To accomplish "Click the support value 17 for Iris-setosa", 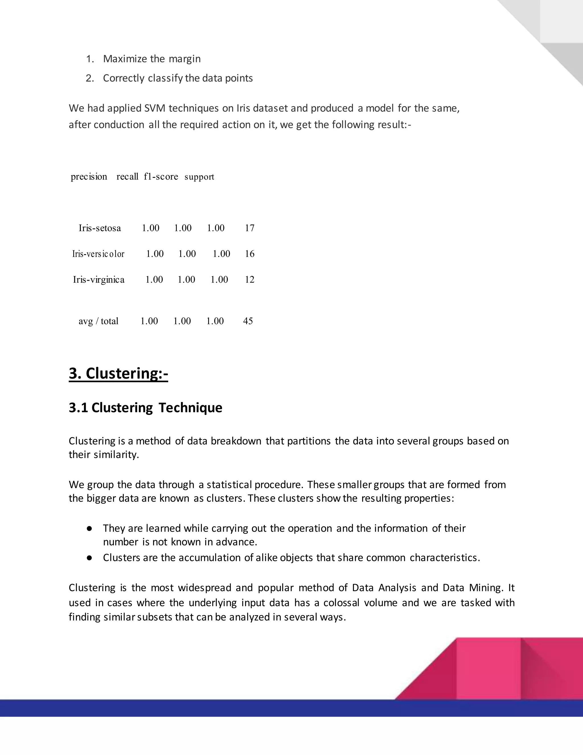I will (249, 228).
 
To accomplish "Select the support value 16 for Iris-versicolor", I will (249, 254).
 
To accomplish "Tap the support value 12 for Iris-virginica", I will (249, 280).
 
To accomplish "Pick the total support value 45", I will (248, 321).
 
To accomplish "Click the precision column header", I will (89, 177).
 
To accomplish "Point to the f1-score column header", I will (161, 177).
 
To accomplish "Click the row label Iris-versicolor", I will (98, 254).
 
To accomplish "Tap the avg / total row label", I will (98, 321).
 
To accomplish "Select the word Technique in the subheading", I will (190, 408).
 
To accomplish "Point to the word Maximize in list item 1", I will (125, 59).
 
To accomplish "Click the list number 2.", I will (89, 78).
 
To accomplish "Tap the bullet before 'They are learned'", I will (89, 528).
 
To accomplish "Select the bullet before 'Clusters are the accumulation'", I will (89, 558).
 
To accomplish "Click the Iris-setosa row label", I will (100, 228).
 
